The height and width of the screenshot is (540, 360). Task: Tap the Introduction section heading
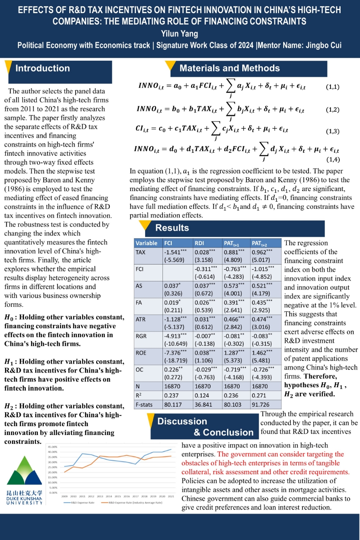tap(43, 68)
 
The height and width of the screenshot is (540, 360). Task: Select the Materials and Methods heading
tap(230, 68)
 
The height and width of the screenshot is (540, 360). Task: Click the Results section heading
tap(172, 228)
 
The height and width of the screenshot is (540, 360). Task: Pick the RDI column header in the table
tap(200, 243)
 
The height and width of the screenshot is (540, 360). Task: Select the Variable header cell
tap(146, 243)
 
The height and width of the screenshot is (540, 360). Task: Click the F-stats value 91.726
tap(260, 404)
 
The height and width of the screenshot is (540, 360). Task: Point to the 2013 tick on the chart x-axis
tap(100, 496)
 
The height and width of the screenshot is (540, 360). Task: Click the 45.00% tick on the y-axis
tap(53, 446)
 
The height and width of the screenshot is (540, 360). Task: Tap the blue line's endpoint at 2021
tap(171, 449)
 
